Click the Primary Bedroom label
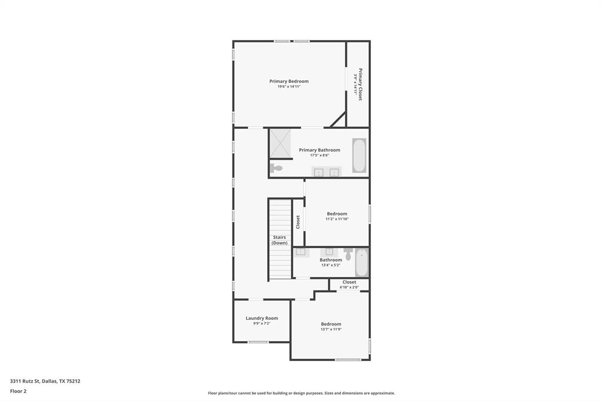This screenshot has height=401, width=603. pos(289,81)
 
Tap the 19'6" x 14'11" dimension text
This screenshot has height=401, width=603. pos(289,87)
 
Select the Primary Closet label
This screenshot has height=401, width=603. pos(360,84)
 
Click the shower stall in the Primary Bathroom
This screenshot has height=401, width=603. pos(281,143)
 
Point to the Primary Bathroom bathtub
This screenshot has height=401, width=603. pos(359,155)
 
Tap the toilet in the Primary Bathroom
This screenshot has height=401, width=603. pos(276,168)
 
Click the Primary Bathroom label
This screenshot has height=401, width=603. pos(319,150)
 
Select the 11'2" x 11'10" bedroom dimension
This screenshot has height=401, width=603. pos(337,219)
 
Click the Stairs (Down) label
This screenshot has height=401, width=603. pos(279,240)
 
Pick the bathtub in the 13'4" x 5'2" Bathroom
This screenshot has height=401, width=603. pos(362,263)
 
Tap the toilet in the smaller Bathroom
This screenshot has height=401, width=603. pos(348,255)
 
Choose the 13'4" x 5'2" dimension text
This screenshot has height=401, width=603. pos(330,265)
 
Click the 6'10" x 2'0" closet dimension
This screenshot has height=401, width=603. pos(349,288)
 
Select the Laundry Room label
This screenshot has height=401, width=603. pos(261,318)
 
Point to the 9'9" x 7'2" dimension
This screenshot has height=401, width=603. pos(261,323)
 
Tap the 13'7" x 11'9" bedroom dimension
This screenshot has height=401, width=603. pos(331,329)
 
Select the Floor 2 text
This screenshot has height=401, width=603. pos(18,390)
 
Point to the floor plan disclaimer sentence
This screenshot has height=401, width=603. pos(301,393)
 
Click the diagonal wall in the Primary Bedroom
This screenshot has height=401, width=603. pos(338,119)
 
